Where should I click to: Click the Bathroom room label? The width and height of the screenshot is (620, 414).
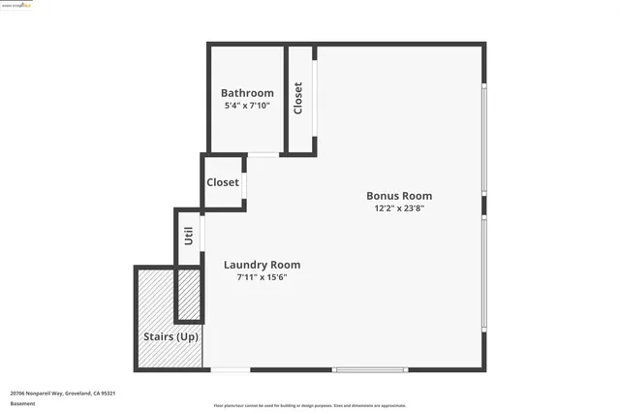[248, 93]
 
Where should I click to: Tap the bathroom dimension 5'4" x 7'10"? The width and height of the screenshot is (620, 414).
[248, 105]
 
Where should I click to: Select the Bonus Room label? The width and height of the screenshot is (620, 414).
[398, 195]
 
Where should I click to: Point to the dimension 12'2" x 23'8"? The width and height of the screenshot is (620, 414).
[398, 207]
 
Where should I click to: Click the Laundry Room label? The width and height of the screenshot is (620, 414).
[262, 265]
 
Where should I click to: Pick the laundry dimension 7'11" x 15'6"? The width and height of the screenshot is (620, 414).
[262, 277]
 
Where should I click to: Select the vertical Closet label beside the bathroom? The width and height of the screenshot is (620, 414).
[298, 98]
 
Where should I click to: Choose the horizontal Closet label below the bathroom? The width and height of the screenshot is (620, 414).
[223, 182]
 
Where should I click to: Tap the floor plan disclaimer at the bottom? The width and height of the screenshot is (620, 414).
[309, 406]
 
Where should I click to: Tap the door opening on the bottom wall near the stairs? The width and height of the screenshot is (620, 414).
[231, 369]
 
